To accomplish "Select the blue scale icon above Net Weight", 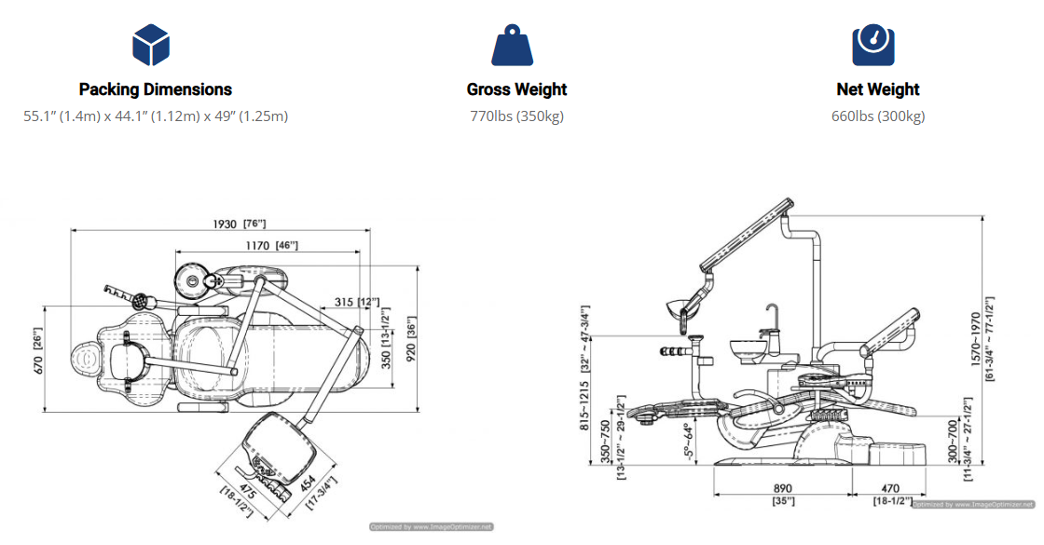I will pyautogui.click(x=873, y=45).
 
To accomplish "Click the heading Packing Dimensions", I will pyautogui.click(x=155, y=89).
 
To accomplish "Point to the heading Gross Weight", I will pyautogui.click(x=516, y=89).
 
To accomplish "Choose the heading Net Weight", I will pyautogui.click(x=877, y=89).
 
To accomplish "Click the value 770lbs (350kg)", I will pyautogui.click(x=516, y=116).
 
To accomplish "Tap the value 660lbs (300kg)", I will pyautogui.click(x=877, y=116).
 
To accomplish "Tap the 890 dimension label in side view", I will pyautogui.click(x=782, y=487).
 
